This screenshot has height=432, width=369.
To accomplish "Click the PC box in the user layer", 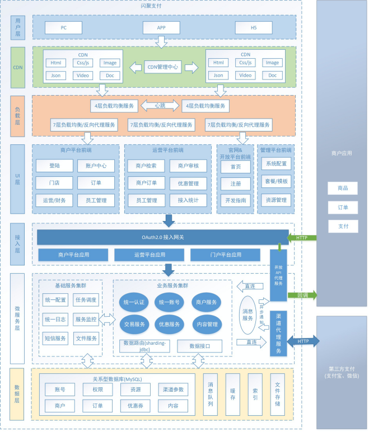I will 63,28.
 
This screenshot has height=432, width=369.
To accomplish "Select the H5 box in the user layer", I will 253,28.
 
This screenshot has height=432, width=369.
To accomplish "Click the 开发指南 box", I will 236,200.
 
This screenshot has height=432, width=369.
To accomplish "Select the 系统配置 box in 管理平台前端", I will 276,164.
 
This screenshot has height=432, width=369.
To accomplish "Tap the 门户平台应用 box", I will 225,255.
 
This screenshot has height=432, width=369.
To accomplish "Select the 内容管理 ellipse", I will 206,324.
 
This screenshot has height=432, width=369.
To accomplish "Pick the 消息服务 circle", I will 247,314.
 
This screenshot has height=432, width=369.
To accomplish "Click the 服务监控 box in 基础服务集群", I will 86,320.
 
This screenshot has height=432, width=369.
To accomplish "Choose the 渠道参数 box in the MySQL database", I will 172,389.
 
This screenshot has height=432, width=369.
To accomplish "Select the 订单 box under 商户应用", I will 343,208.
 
